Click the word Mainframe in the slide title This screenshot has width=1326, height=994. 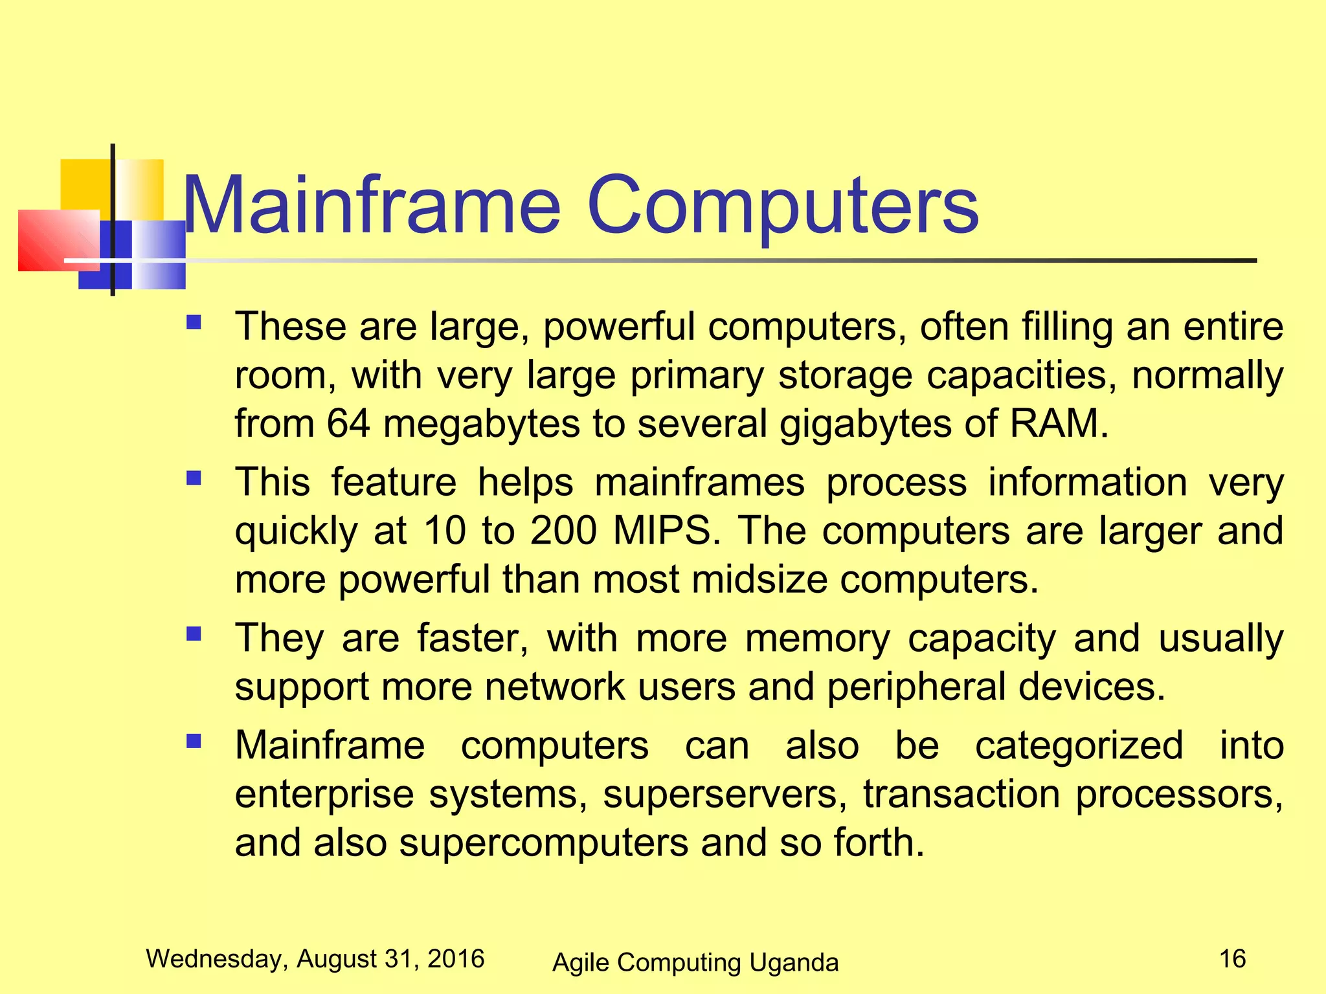[x=372, y=206]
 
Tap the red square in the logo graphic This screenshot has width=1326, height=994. [x=55, y=241]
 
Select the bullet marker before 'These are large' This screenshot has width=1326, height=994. [x=194, y=322]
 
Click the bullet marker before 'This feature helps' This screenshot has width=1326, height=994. [x=194, y=478]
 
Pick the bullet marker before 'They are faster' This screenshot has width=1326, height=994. [x=194, y=634]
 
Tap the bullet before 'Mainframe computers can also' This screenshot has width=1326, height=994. [x=194, y=741]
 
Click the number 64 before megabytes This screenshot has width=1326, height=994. [x=348, y=424]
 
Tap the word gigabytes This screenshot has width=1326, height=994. [x=866, y=425]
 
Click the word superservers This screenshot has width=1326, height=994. [x=725, y=794]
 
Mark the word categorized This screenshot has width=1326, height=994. [x=1079, y=746]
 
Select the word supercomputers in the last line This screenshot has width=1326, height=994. [x=543, y=843]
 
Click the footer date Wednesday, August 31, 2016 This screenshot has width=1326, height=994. [x=315, y=958]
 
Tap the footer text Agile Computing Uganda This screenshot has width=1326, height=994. [x=695, y=962]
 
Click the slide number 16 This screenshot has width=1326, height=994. [x=1232, y=958]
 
